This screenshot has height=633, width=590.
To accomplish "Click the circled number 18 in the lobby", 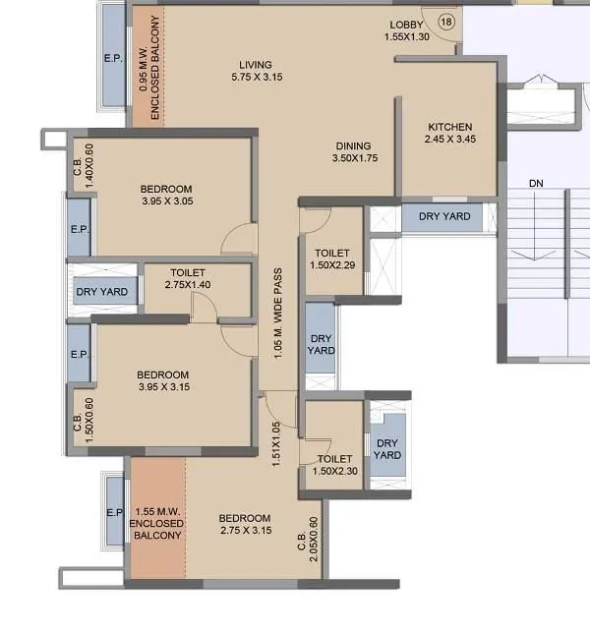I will tap(446, 22).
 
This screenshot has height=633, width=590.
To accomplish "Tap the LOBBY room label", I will tap(407, 25).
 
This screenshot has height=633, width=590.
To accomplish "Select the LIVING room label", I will tap(255, 66).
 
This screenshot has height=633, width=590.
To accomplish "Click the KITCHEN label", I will tap(449, 127).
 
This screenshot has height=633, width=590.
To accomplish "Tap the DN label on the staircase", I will tap(535, 184).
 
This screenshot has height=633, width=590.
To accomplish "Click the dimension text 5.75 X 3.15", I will tap(256, 78).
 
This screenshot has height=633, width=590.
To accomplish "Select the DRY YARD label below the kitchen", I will tap(444, 216).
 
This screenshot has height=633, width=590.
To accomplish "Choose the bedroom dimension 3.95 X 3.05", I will tap(165, 201).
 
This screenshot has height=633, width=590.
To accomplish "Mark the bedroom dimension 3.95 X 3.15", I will tap(163, 386).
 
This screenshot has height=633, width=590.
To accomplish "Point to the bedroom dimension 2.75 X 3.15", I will tap(245, 531).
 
